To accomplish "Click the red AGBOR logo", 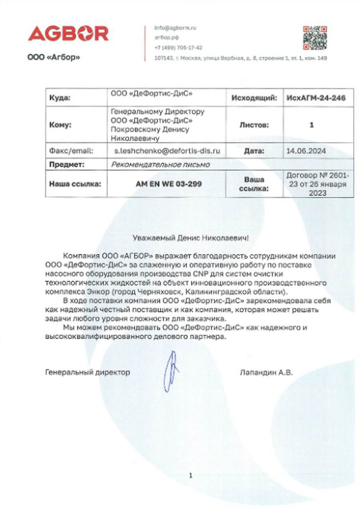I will click(x=68, y=34).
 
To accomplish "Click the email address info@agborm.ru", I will click(x=175, y=28).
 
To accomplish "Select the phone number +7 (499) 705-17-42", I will click(x=178, y=48).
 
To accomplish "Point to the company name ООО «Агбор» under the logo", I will click(x=54, y=57).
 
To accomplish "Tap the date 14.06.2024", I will click(x=306, y=151).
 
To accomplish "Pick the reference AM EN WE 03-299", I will click(x=168, y=184).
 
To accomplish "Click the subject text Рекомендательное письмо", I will click(x=160, y=164).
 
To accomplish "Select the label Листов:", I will click(x=254, y=124).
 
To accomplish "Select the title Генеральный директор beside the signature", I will click(x=87, y=372).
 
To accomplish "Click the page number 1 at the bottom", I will click(x=190, y=476).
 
